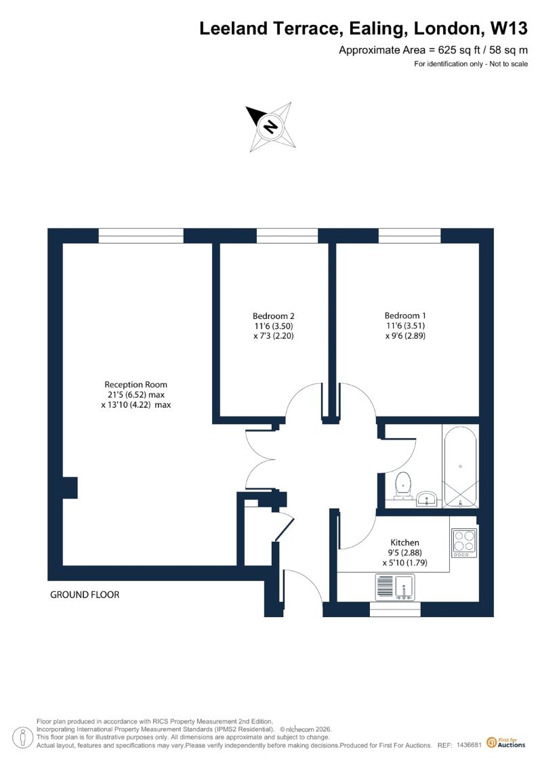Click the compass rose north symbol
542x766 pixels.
pyautogui.click(x=271, y=126)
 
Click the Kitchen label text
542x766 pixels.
pyautogui.click(x=404, y=542)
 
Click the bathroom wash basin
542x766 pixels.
pyautogui.click(x=427, y=498)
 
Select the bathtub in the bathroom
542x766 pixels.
pyautogui.click(x=461, y=467)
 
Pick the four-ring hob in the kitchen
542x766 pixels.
pyautogui.click(x=464, y=543)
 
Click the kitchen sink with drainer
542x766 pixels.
pyautogui.click(x=394, y=587)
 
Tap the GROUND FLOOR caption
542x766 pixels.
pyautogui.click(x=85, y=595)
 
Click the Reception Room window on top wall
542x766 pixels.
pyautogui.click(x=141, y=236)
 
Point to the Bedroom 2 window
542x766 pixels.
pyautogui.click(x=287, y=236)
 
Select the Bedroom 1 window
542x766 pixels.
pyautogui.click(x=410, y=236)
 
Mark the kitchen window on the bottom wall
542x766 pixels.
pyautogui.click(x=396, y=609)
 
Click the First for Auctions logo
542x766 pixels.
pyautogui.click(x=506, y=743)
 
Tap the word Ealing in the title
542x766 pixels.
pyautogui.click(x=376, y=29)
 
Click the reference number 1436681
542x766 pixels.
pyautogui.click(x=470, y=745)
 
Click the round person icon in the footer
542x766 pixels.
pyautogui.click(x=22, y=738)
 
